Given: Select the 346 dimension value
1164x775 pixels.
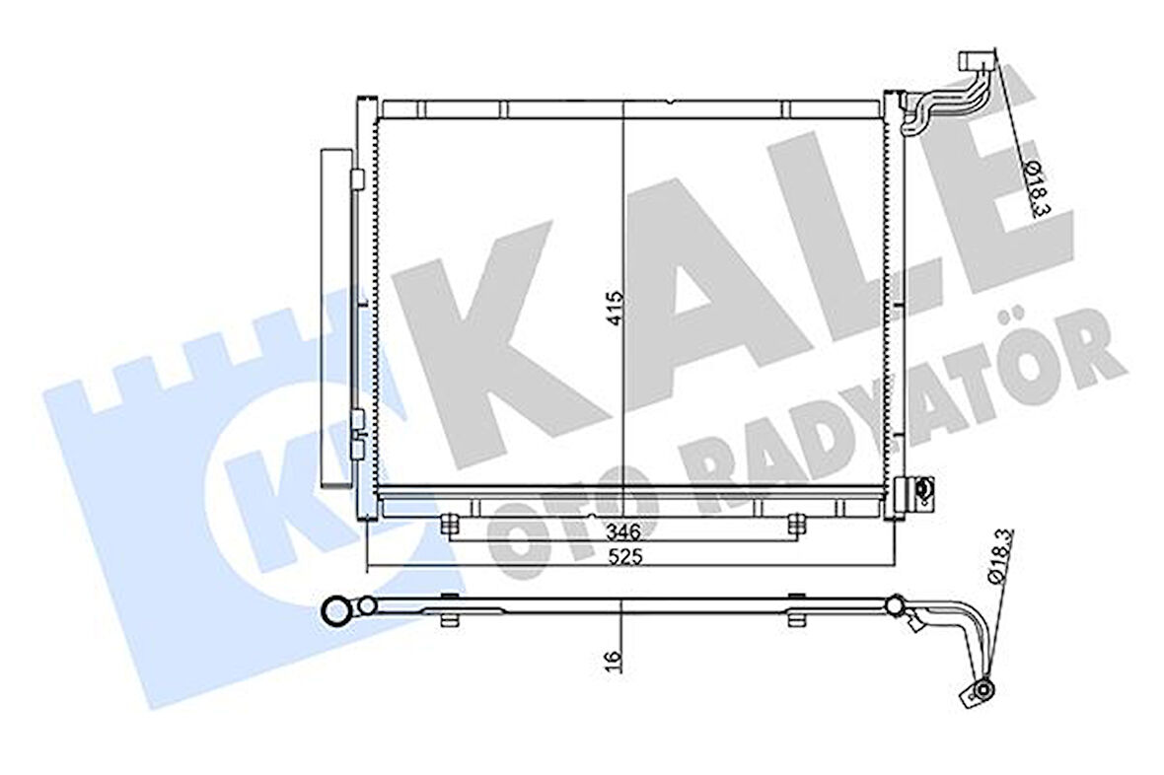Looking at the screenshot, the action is tap(622, 532).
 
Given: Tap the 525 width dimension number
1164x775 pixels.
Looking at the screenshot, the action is tap(623, 557).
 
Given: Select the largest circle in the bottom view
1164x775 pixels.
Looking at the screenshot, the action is tap(338, 611).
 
